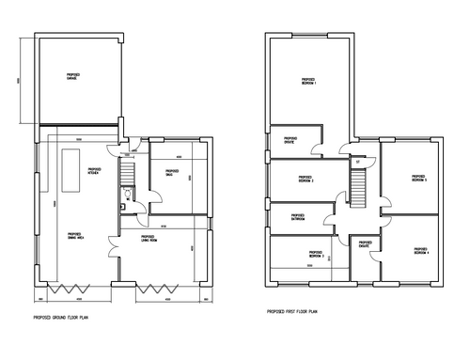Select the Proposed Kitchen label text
[95, 173]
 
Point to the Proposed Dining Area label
[72, 235]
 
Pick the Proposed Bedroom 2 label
[305, 179]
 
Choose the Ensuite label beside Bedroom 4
[362, 244]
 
